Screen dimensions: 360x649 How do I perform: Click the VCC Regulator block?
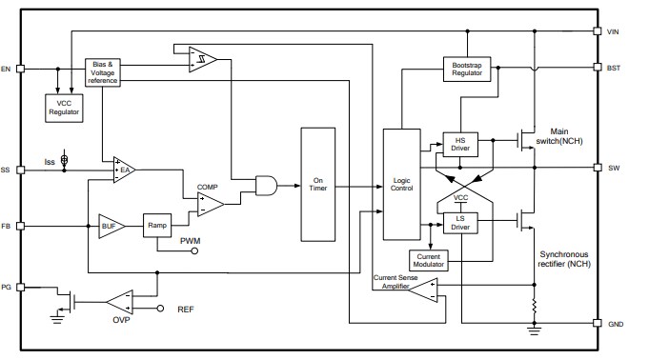tap(64, 107)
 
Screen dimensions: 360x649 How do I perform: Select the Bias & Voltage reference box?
tap(103, 71)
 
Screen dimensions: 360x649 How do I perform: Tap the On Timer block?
tap(319, 183)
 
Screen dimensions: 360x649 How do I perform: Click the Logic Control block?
tap(400, 184)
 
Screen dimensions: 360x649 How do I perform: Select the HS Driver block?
tap(461, 143)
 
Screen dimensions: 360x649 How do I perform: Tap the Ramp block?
tap(157, 226)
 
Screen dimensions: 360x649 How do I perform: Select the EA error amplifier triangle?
tap(124, 170)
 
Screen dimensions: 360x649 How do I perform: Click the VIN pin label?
tap(614, 31)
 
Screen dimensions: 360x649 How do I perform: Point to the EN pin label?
tap(7, 69)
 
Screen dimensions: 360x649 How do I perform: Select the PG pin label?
tap(7, 285)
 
